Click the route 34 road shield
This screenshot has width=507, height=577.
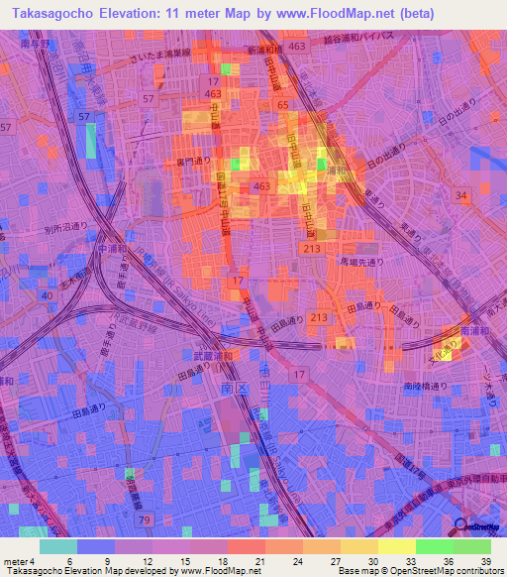click(460, 196)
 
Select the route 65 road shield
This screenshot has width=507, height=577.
click(282, 104)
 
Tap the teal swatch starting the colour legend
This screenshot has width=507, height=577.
click(57, 546)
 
